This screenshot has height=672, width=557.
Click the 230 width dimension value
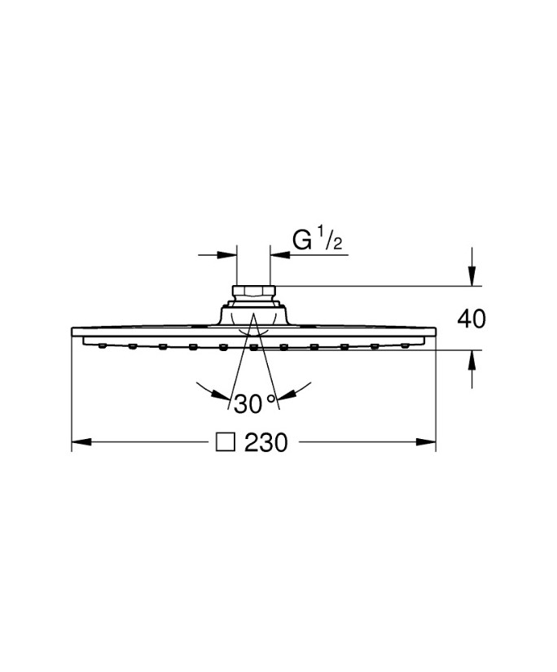click(x=265, y=442)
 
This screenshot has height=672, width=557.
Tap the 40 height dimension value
click(x=471, y=318)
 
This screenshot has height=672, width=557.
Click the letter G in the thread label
click(x=301, y=240)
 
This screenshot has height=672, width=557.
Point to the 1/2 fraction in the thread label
click(x=332, y=240)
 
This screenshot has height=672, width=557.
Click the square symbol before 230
click(x=226, y=442)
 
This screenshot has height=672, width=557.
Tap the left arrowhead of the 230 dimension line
click(x=81, y=441)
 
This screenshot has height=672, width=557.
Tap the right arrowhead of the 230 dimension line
click(x=426, y=441)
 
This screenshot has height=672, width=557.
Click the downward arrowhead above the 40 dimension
click(x=471, y=275)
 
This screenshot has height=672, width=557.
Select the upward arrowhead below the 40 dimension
click(x=471, y=360)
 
